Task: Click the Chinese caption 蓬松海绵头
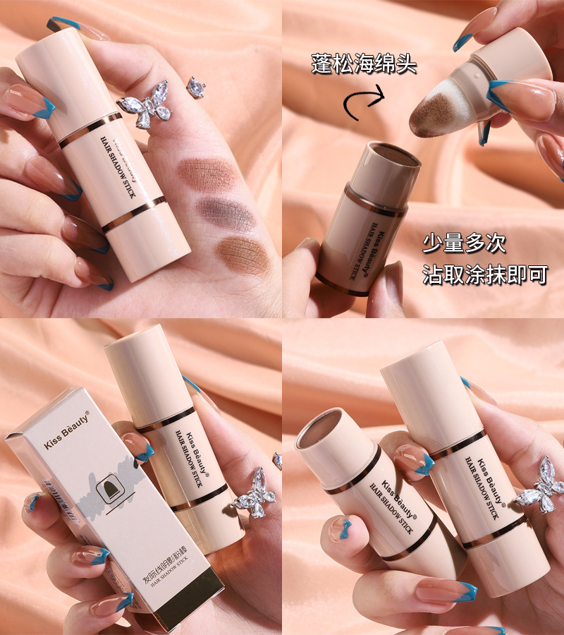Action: click(364, 65)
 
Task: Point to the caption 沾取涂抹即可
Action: click(485, 274)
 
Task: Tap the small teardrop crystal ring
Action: click(195, 87)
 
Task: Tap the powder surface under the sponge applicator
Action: click(385, 155)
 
